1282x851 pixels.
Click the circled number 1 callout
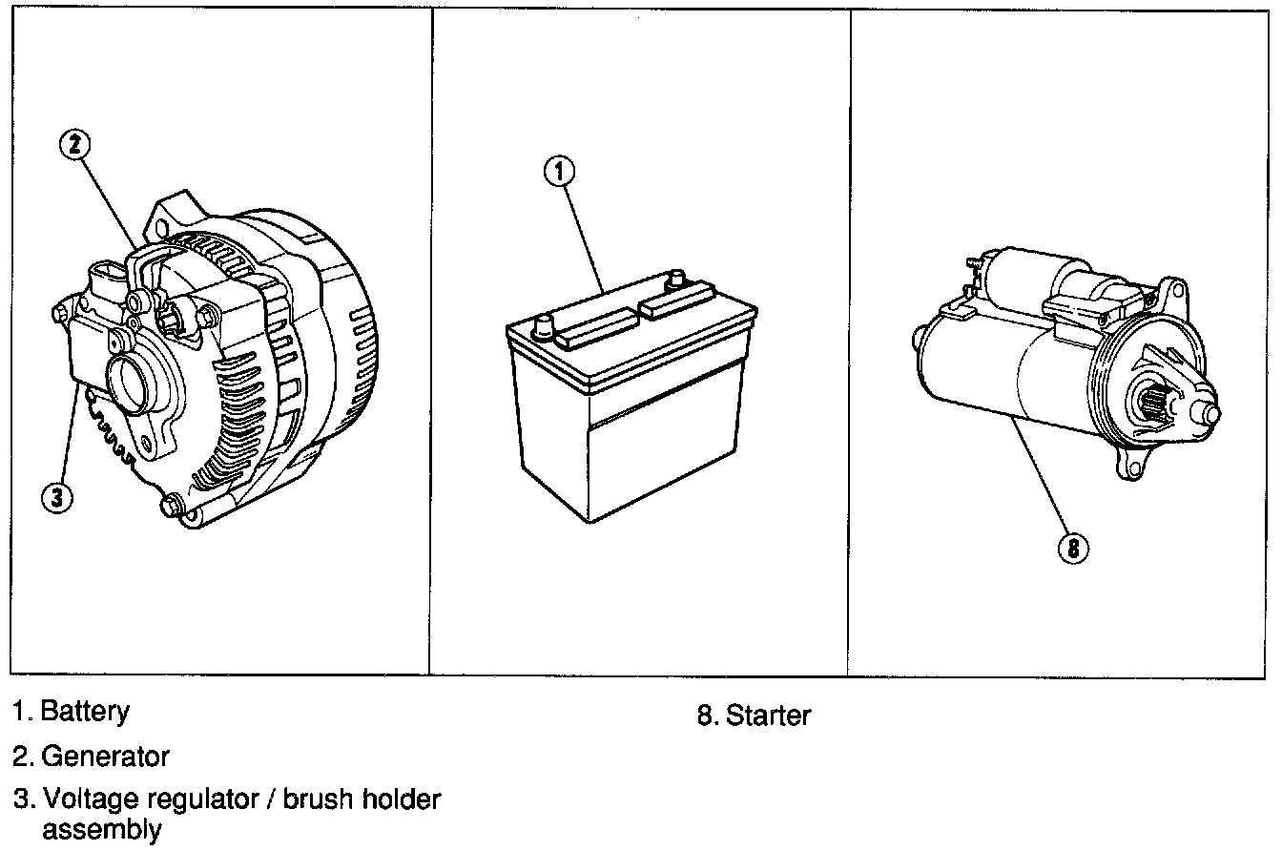pyautogui.click(x=560, y=172)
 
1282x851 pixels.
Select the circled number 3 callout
pyautogui.click(x=58, y=497)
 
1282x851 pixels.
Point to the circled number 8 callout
pyautogui.click(x=1073, y=548)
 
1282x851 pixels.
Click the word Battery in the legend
pyautogui.click(x=85, y=711)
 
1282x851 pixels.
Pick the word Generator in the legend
pyautogui.click(x=105, y=757)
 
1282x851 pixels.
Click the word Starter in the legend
pyautogui.click(x=768, y=715)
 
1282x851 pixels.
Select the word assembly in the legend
pyautogui.click(x=101, y=830)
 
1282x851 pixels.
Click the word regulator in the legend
pyautogui.click(x=197, y=799)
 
